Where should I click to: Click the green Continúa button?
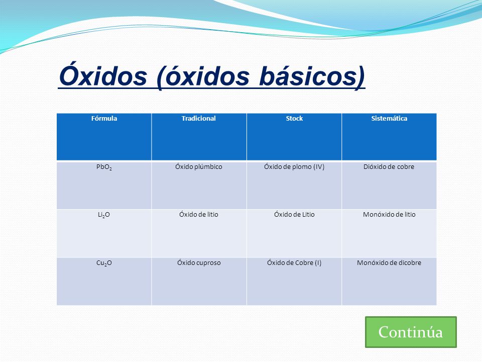pos(411,332)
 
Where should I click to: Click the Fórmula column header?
pos(104,119)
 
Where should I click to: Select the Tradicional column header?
pos(199,119)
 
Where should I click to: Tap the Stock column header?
pos(294,119)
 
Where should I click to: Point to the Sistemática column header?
pos(389,119)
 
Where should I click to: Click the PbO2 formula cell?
pos(104,167)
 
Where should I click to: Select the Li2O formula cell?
pos(104,215)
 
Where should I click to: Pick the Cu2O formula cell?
pos(104,263)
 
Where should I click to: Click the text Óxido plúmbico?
pos(199,167)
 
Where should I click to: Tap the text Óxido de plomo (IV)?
pos(294,167)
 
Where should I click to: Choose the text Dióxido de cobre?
pos(389,167)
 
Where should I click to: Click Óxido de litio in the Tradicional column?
pos(199,215)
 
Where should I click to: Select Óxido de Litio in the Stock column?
pos(294,215)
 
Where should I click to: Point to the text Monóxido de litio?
pos(389,215)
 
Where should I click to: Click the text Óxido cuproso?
pos(199,263)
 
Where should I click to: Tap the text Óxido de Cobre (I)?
pos(294,263)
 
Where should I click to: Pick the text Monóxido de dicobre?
pos(389,263)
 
